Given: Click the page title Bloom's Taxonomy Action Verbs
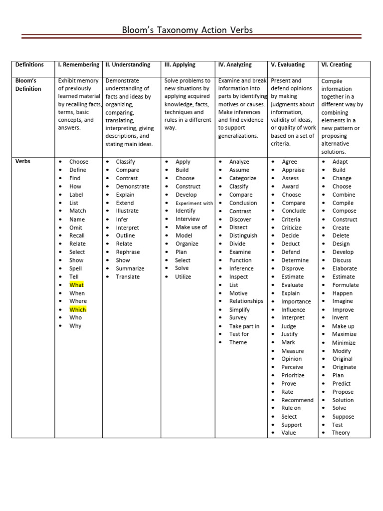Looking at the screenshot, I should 188,30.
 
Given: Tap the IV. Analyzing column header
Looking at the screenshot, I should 235,65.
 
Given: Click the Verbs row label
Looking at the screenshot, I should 22,162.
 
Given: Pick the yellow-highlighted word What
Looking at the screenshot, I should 76,285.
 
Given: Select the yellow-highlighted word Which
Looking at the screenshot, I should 77,309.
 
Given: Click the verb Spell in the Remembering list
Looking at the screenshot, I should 75,268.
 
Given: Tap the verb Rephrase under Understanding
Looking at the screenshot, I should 128,252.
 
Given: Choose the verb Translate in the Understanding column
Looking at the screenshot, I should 128,276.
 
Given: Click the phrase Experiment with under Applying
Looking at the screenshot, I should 194,203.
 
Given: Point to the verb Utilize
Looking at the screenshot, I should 183,276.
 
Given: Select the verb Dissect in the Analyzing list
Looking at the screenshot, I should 238,228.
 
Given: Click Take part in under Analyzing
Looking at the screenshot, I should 244,326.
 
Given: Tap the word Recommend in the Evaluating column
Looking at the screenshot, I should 297,400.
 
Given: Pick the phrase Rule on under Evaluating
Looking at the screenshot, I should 291,408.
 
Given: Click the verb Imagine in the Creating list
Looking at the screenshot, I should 342,301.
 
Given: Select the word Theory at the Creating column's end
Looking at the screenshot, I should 341,433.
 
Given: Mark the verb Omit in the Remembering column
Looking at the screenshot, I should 76,228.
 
